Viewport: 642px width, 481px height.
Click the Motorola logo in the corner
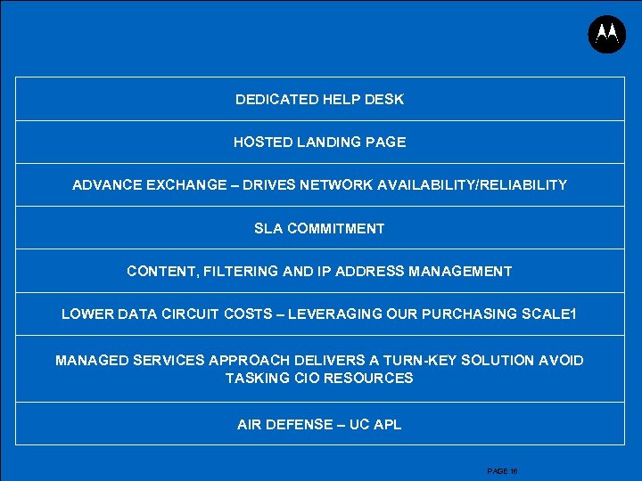point(607,34)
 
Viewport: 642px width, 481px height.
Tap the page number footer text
point(503,471)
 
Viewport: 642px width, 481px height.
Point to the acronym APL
point(387,424)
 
